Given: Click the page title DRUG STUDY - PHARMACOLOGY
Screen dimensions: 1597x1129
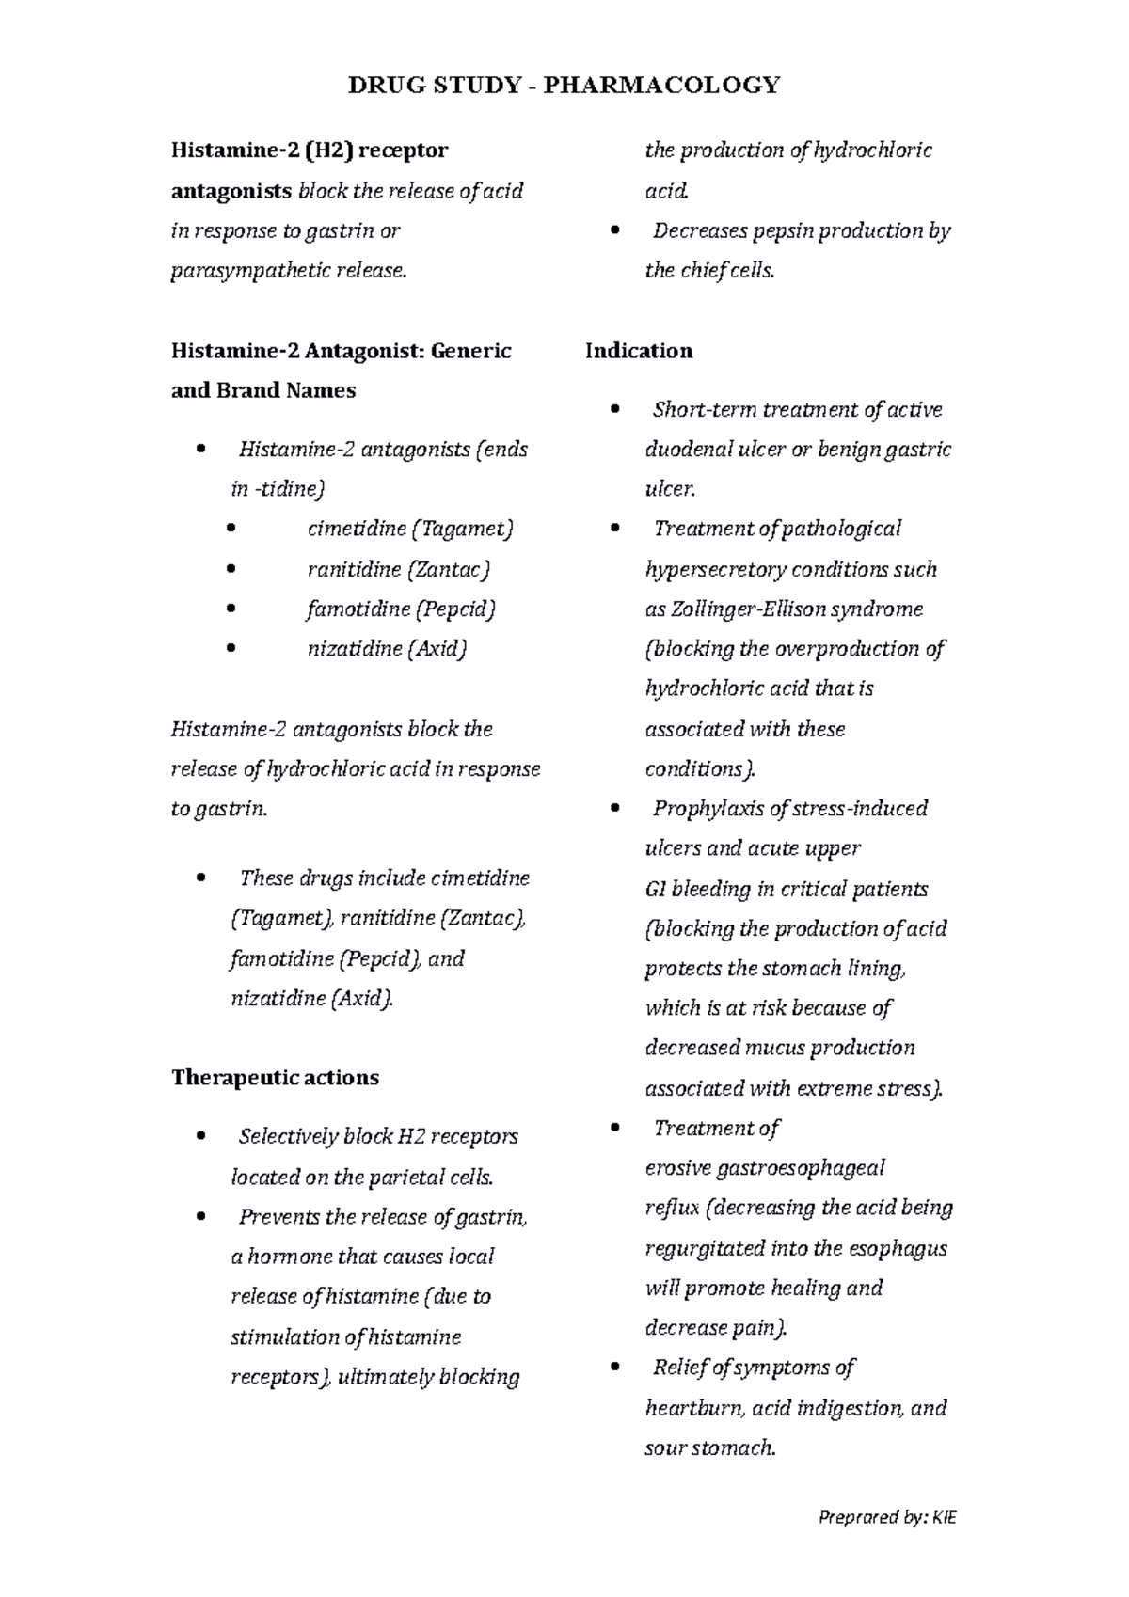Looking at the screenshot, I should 564,86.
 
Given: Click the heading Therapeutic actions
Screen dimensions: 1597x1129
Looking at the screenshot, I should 275,1078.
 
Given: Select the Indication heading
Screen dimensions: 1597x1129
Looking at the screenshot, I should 639,352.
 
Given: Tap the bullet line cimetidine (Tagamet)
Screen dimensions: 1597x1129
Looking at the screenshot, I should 410,529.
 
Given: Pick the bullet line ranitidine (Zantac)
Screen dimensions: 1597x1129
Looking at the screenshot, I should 399,569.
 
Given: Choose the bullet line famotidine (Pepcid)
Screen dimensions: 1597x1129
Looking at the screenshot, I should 401,609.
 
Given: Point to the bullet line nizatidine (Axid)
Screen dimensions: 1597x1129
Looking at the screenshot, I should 387,649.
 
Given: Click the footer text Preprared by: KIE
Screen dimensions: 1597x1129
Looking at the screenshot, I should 887,1517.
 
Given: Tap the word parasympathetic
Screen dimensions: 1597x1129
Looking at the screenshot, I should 246,272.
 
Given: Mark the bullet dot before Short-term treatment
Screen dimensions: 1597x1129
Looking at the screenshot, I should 616,409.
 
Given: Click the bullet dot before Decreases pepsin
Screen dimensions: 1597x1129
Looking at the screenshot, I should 616,230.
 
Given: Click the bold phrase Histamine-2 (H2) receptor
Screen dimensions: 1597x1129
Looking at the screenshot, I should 310,150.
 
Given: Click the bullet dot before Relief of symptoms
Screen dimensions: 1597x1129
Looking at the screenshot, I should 616,1367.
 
